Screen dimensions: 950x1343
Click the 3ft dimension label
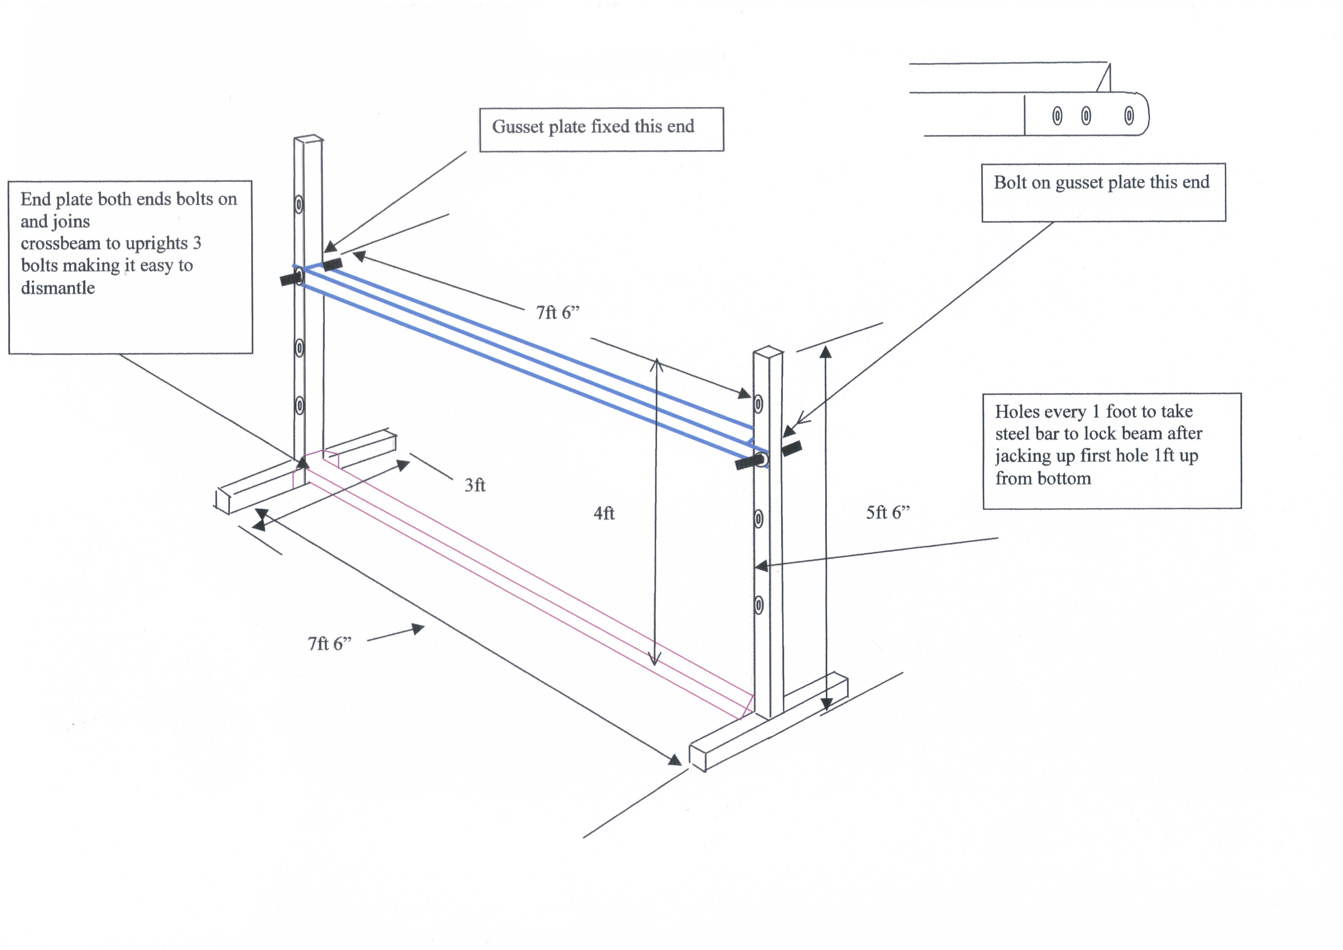click(x=474, y=485)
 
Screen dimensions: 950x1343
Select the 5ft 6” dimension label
click(x=887, y=513)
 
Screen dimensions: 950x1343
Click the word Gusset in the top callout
click(x=516, y=126)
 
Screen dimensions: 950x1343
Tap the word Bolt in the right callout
click(x=1009, y=182)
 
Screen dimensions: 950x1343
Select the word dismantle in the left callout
click(x=58, y=288)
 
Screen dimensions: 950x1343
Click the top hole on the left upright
click(x=299, y=204)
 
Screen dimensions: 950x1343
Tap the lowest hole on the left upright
click(x=299, y=405)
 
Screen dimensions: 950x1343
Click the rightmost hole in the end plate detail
click(x=1129, y=115)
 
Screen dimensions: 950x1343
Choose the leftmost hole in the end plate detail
click(x=1057, y=116)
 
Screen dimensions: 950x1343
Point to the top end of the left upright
click(x=308, y=139)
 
